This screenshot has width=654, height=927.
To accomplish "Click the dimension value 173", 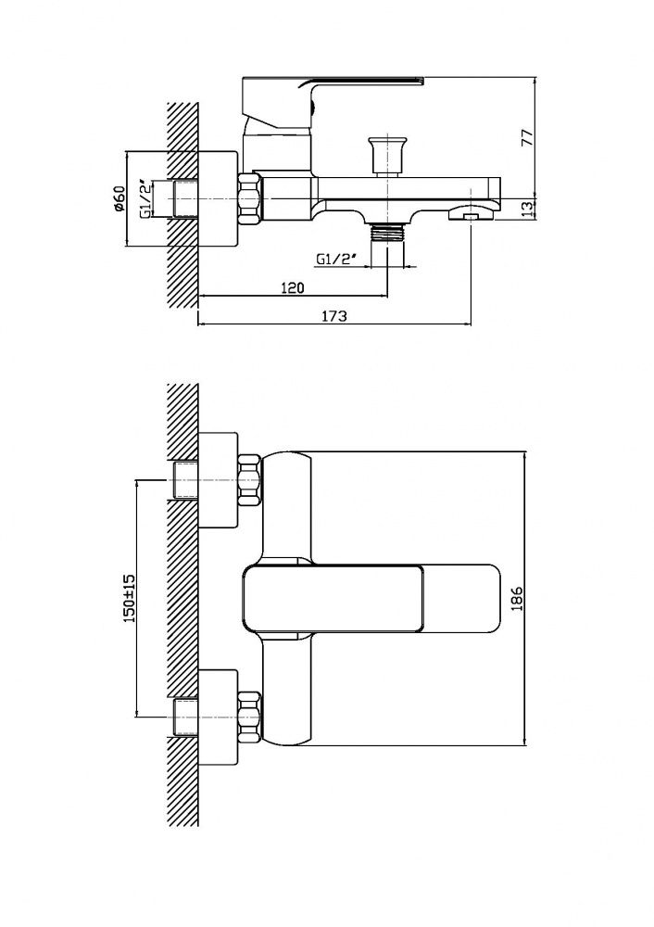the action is click(333, 316).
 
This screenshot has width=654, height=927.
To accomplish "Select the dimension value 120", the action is click(292, 287).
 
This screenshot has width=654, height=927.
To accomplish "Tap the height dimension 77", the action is click(527, 137).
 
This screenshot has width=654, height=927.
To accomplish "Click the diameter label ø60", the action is click(119, 198).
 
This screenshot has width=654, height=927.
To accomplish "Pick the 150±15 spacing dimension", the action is click(129, 598).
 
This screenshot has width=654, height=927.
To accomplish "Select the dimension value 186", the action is click(517, 598).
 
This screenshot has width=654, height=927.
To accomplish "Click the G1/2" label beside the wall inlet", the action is click(146, 198).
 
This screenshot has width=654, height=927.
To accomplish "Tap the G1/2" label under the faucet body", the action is click(337, 259).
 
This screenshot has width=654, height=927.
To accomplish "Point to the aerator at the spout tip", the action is click(470, 213).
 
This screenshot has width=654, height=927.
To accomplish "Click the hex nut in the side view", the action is click(250, 198).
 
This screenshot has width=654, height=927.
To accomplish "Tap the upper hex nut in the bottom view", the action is click(249, 480).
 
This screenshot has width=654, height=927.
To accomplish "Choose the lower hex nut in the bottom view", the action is click(249, 717).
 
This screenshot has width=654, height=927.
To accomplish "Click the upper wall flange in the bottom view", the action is click(218, 480).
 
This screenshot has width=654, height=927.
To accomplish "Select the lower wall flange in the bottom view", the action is click(218, 717).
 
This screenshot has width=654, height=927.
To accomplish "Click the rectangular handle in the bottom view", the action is click(372, 598).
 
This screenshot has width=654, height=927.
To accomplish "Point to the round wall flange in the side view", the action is click(218, 198).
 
